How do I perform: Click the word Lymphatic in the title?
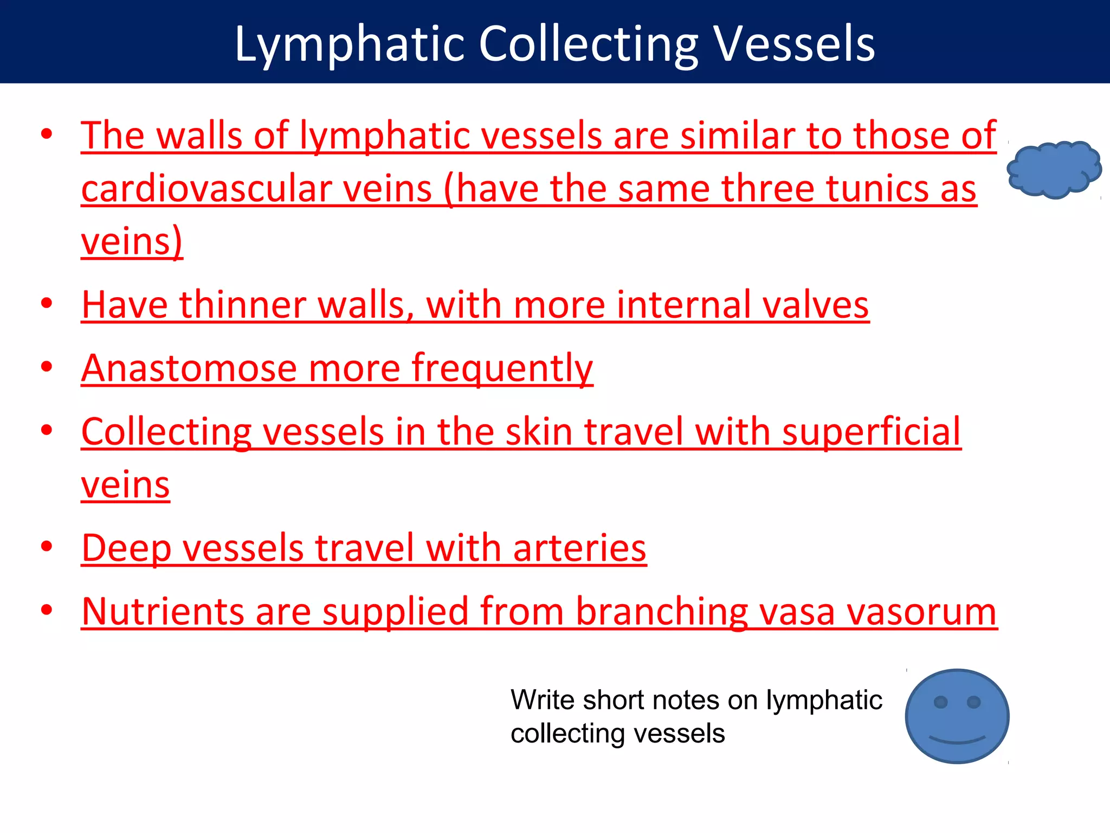tap(350, 44)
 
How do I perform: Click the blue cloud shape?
tap(1054, 169)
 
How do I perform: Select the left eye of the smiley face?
tap(940, 702)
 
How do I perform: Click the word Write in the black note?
tap(542, 700)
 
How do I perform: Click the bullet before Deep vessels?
tap(47, 546)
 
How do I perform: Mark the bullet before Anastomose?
tap(47, 367)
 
